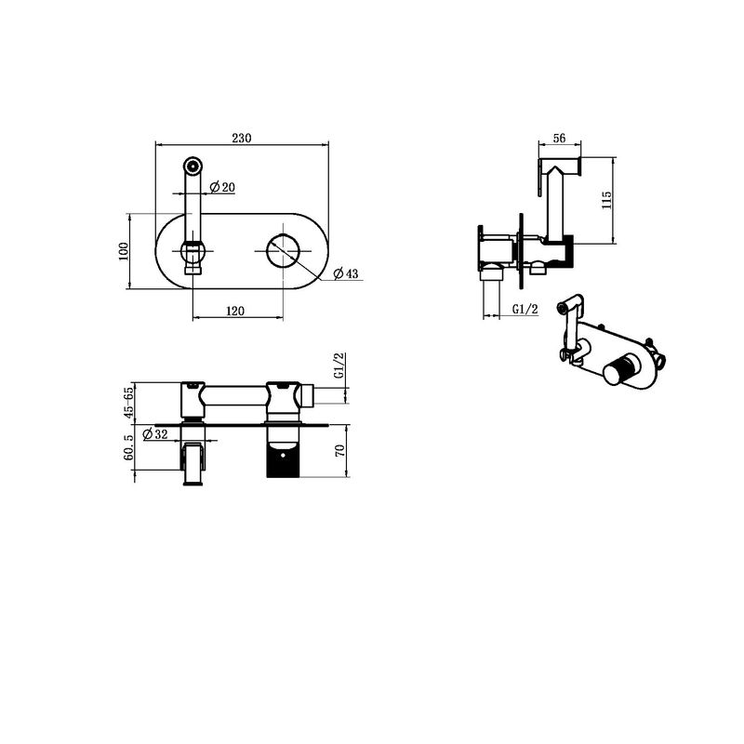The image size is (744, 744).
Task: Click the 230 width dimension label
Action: point(242,138)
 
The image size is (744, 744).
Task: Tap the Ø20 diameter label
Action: point(222,188)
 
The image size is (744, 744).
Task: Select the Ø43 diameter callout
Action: point(346,273)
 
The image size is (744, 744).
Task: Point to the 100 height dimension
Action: point(124,251)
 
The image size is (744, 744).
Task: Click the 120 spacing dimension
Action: point(235,311)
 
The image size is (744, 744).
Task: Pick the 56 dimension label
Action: point(560,138)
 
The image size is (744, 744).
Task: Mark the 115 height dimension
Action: point(606,200)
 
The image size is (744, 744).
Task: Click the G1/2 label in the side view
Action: point(525,310)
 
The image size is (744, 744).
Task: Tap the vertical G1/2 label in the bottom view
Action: point(339,365)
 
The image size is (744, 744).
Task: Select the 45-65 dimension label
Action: point(128,403)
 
